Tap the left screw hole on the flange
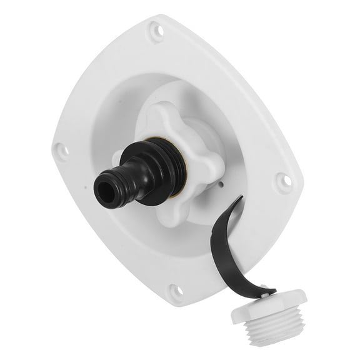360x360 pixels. click(x=61, y=149)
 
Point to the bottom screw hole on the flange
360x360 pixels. click(x=175, y=291)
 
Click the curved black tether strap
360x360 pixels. click(x=228, y=250)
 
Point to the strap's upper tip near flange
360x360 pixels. click(x=239, y=200)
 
